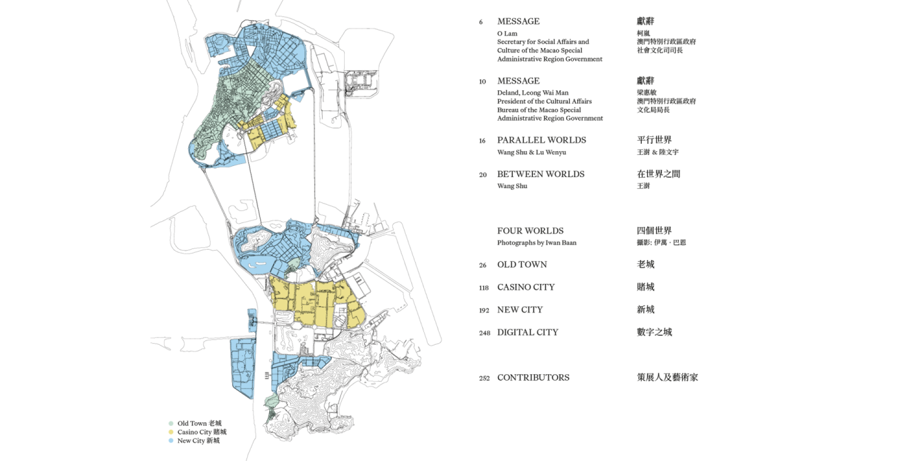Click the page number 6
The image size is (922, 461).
tap(481, 22)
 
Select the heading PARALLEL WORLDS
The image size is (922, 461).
tap(541, 140)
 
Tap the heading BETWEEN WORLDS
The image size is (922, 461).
tap(540, 175)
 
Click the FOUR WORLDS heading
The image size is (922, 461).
tap(530, 231)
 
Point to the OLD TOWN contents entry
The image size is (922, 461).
tap(522, 265)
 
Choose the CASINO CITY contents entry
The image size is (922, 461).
tap(526, 287)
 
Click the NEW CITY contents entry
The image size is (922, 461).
tap(519, 310)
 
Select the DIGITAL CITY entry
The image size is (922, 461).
tap(527, 333)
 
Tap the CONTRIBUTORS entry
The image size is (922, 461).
tap(533, 378)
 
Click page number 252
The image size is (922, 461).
tap(484, 378)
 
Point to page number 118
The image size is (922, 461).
tap(484, 288)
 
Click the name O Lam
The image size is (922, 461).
tap(507, 33)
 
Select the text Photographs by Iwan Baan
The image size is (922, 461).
tap(537, 243)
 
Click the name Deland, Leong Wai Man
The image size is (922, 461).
tap(533, 93)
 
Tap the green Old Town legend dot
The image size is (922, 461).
tap(171, 424)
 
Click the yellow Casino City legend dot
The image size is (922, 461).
tap(171, 432)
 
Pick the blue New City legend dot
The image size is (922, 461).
tap(171, 441)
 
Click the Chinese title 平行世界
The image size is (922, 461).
tap(654, 140)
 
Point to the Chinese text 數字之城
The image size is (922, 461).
tap(654, 333)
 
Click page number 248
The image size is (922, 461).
tap(484, 333)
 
